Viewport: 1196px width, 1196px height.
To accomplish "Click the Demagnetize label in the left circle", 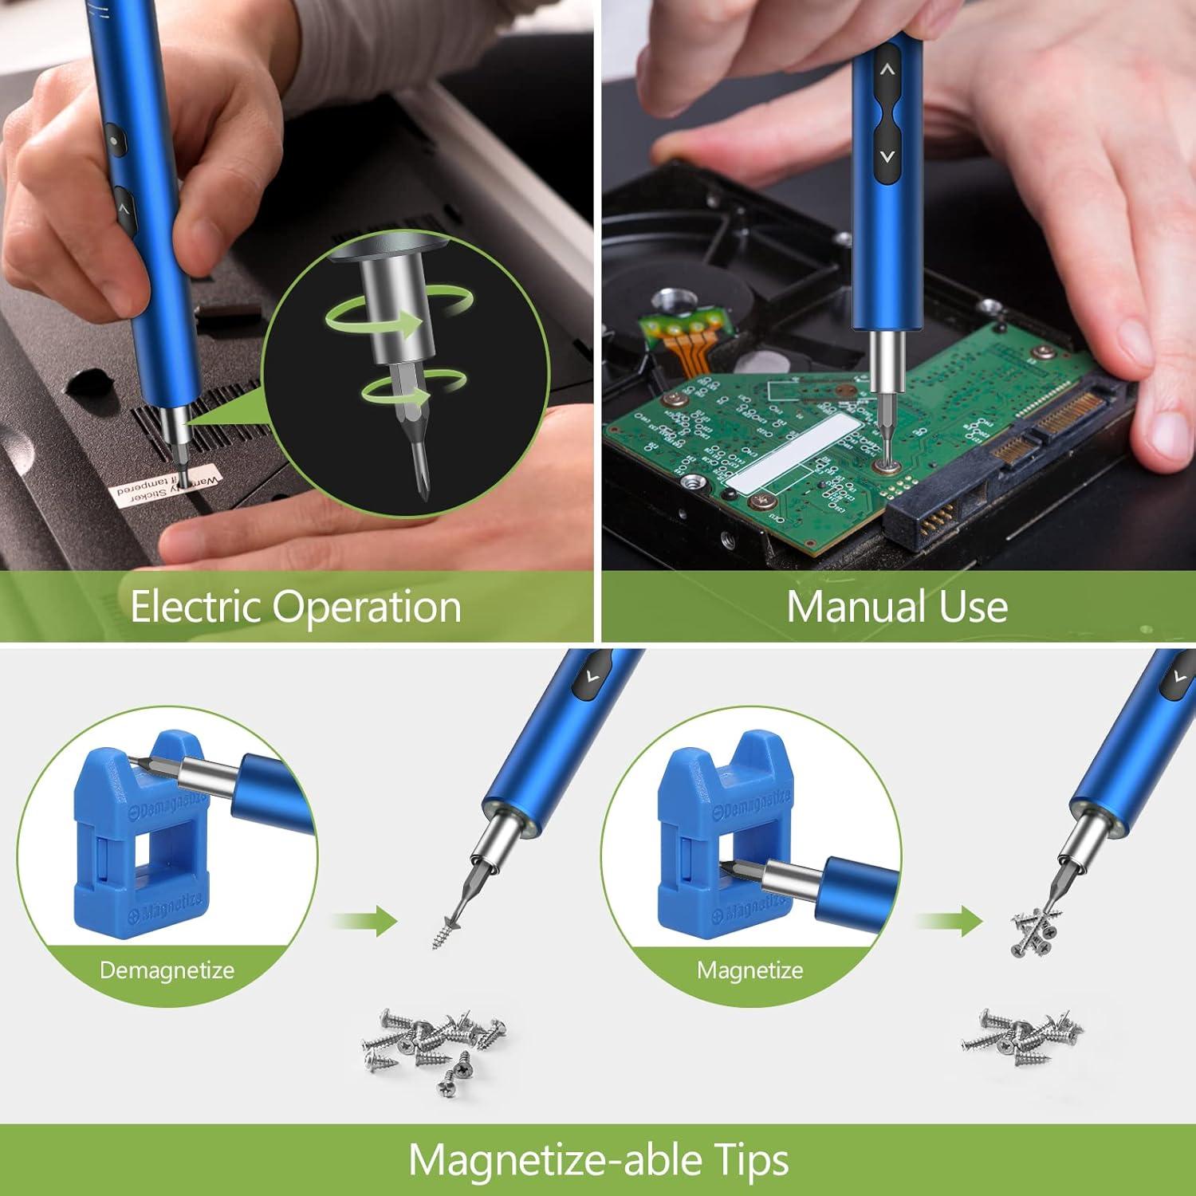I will [167, 970].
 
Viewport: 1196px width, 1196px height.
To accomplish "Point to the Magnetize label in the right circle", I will [749, 970].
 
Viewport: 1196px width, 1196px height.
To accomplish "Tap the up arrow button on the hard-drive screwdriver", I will [887, 70].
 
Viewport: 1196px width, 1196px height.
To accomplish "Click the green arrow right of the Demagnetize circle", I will [367, 922].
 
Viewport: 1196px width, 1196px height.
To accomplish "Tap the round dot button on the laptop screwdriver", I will [114, 142].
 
